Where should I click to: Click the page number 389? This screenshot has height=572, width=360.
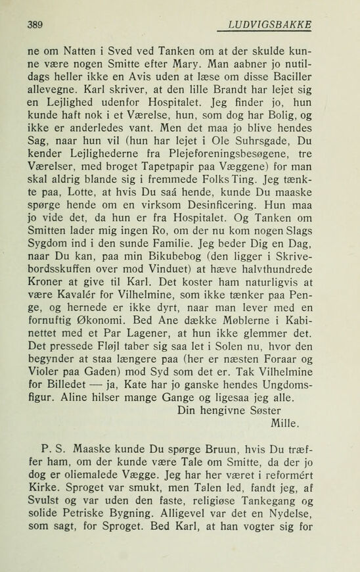click(35, 25)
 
